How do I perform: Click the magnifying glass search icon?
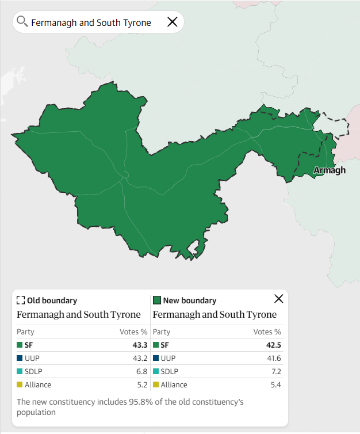click(x=22, y=22)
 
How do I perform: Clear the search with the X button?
click(x=172, y=22)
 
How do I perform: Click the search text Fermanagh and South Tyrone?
click(x=91, y=22)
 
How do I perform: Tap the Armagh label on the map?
click(x=330, y=170)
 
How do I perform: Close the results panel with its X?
click(x=279, y=299)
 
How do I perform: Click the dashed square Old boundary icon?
click(x=21, y=300)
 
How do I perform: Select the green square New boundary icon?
click(x=156, y=300)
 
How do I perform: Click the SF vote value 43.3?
click(x=140, y=345)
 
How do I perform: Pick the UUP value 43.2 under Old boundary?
click(x=140, y=359)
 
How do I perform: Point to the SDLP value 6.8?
click(x=142, y=372)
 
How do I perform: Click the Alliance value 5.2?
click(x=142, y=385)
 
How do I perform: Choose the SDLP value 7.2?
click(x=276, y=372)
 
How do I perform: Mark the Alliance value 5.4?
click(x=276, y=385)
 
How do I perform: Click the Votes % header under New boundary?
click(x=267, y=332)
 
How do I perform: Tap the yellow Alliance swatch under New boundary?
click(x=156, y=385)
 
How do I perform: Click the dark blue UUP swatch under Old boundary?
click(x=20, y=359)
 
